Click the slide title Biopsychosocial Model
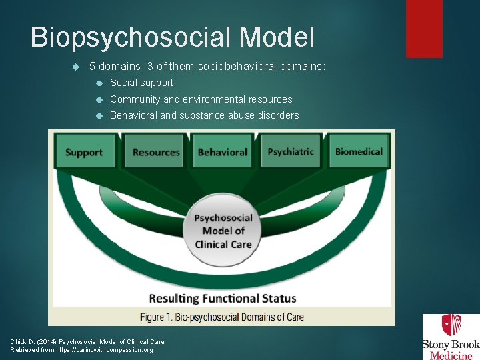pos(172,37)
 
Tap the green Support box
pos(84,151)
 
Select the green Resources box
pos(156,151)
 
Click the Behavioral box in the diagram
pos(223,151)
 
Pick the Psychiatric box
pos(291,151)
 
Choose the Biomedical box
pos(359,151)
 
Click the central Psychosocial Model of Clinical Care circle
pos(223,231)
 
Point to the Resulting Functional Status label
pos(223,298)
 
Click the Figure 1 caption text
pos(223,316)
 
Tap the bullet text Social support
pos(141,83)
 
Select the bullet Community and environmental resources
pos(201,99)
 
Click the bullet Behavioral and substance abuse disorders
pos(204,115)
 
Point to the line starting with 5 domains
pos(207,67)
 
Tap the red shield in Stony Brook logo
pos(451,326)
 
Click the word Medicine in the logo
pos(451,355)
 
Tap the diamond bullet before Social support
pos(99,83)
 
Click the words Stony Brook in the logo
pos(451,345)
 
